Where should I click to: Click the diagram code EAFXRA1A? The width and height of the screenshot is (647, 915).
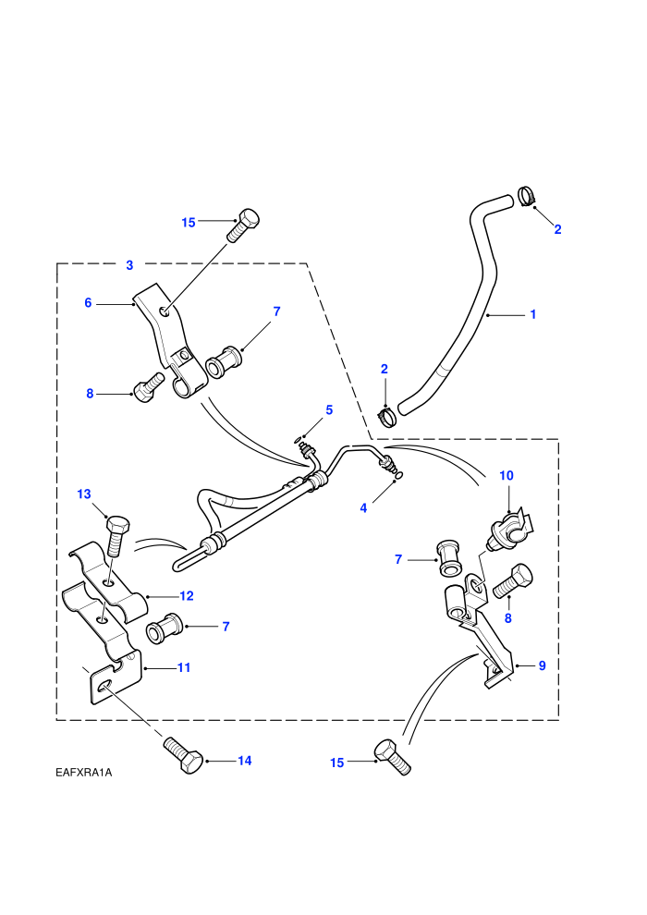click(x=83, y=773)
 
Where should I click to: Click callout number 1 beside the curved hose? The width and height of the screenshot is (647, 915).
click(x=532, y=314)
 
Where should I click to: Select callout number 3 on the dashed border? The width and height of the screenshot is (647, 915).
click(x=129, y=265)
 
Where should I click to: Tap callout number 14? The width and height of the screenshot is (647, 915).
click(x=244, y=761)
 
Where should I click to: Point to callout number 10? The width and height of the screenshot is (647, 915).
click(x=507, y=476)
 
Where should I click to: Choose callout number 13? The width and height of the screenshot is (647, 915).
click(x=84, y=494)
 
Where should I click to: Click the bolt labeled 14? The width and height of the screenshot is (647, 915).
click(x=183, y=755)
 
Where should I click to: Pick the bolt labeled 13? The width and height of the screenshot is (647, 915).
click(x=116, y=536)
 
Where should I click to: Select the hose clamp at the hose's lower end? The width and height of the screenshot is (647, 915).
click(x=386, y=417)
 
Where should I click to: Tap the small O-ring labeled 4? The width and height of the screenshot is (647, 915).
click(x=397, y=480)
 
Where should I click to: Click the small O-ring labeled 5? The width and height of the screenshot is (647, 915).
click(x=298, y=438)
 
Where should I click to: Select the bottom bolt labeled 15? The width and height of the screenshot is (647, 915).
click(x=392, y=757)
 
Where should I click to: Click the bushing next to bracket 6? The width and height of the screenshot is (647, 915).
click(x=224, y=362)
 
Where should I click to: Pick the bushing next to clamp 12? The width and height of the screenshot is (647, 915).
click(x=165, y=628)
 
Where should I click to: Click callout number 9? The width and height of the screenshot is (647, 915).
click(x=542, y=665)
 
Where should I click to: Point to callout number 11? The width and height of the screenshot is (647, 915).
click(x=184, y=667)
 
